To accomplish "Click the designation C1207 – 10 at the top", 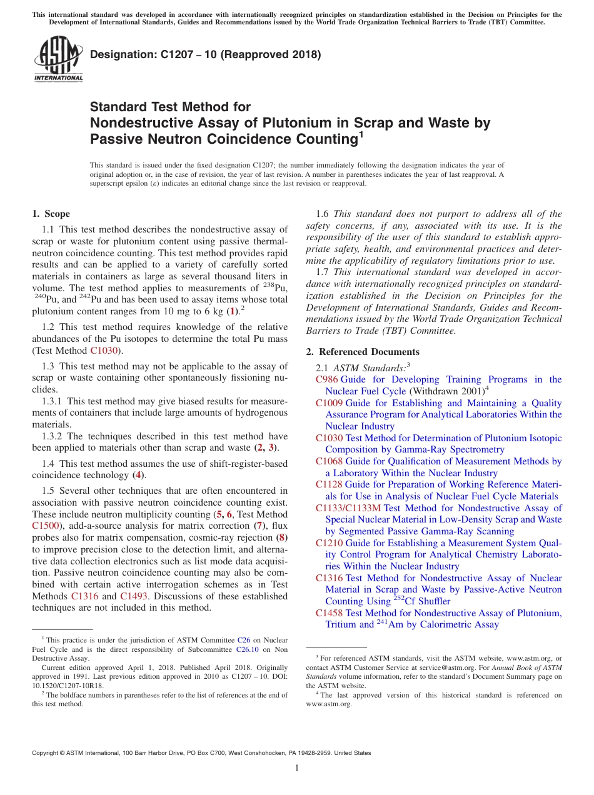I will coord(205,54).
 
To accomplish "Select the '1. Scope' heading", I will coord(51,214).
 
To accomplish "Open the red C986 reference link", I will coord(326,380).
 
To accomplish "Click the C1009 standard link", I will coord(329,404).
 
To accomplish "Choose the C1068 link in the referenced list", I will coord(329,462).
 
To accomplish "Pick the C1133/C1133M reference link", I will coord(348,509).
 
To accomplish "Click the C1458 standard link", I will coord(329,614).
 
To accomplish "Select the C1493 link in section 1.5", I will coord(134,596).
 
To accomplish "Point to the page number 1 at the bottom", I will coord(297,767).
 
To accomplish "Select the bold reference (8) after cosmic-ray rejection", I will coord(283,537).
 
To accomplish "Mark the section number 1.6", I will coord(323,214).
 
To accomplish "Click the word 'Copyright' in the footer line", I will coord(47,753).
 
